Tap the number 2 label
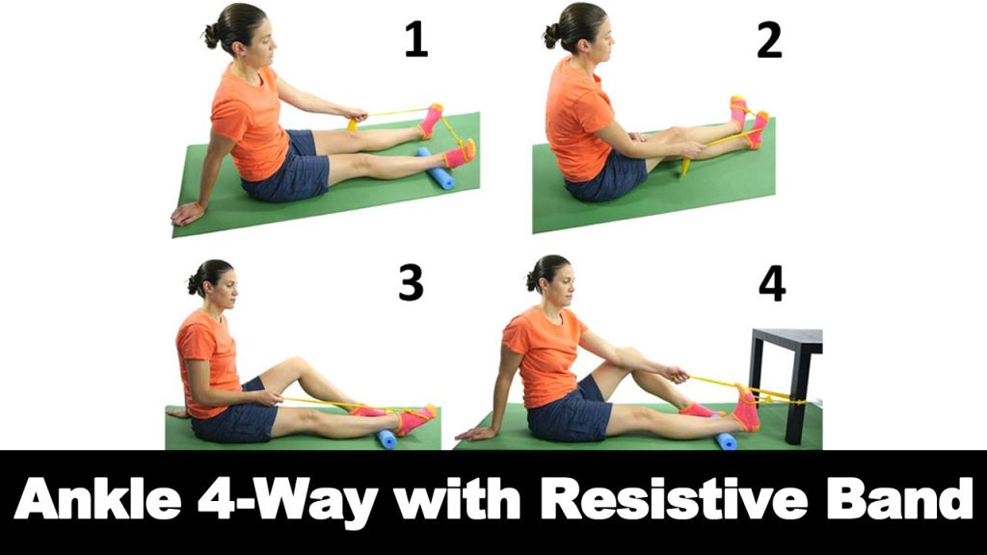point(769,40)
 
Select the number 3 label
point(411,282)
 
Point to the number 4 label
point(772,284)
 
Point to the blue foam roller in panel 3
point(386,438)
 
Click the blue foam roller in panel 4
point(726,440)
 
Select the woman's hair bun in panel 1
point(210,36)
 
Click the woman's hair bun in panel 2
point(552,36)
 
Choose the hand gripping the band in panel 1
point(357,115)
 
